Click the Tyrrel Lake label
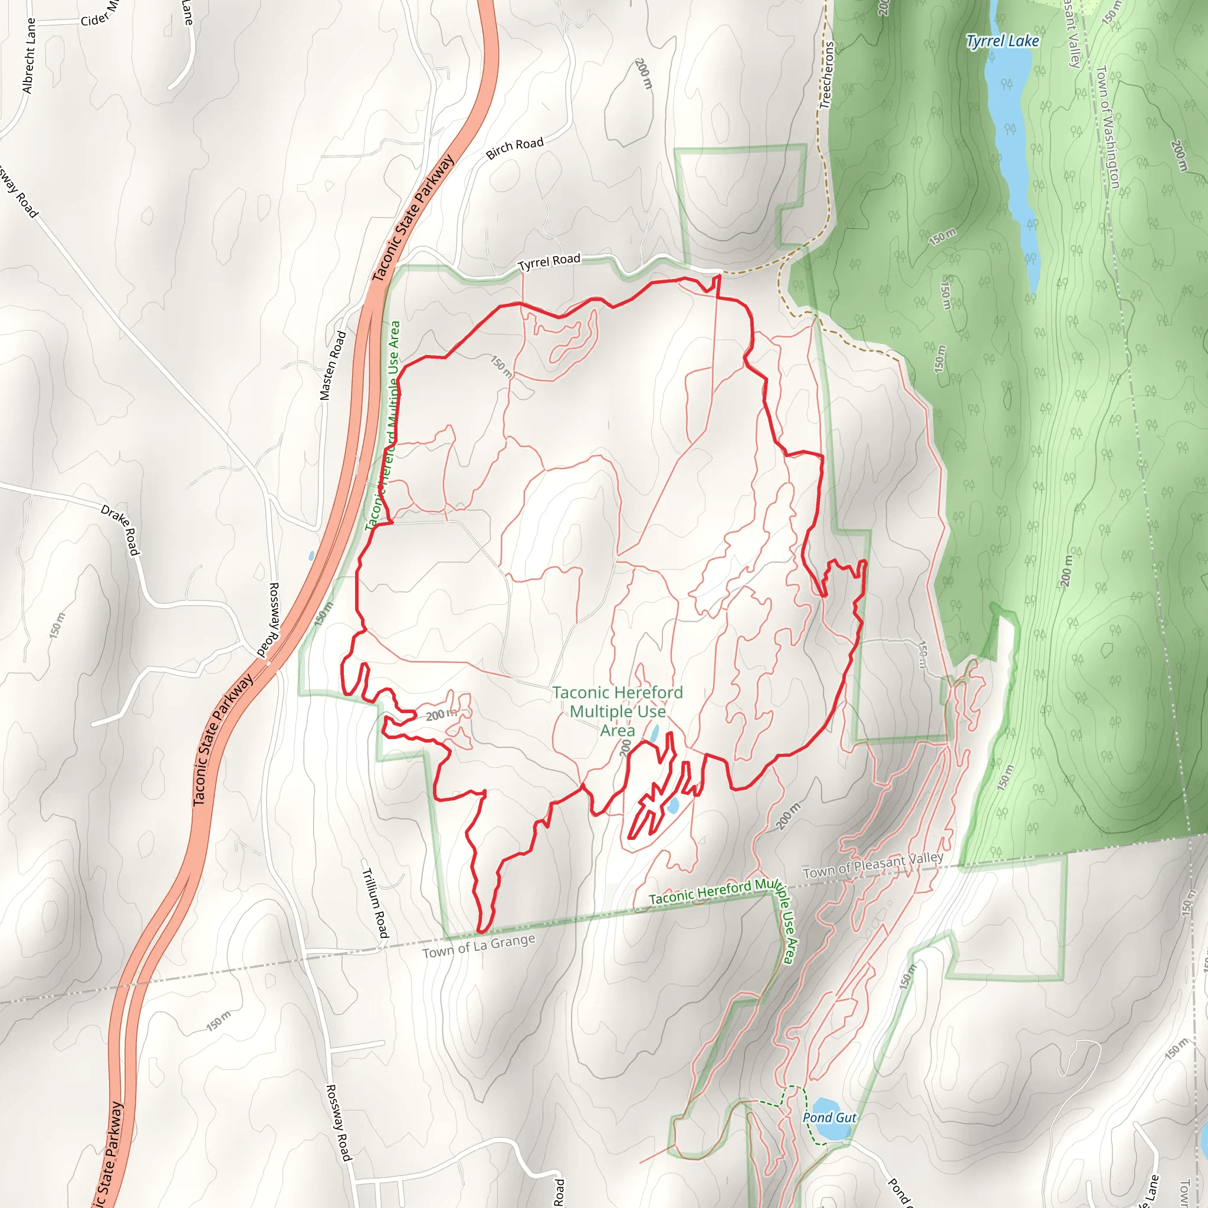1002,41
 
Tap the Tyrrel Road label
549,262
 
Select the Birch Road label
514,148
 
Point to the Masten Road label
333,365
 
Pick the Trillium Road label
375,902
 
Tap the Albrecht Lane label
29,55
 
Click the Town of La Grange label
478,946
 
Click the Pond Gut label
829,1117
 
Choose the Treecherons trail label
826,75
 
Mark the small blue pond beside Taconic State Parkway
311,555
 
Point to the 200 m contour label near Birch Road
643,73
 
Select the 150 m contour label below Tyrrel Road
501,366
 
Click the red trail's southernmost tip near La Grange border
482,931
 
